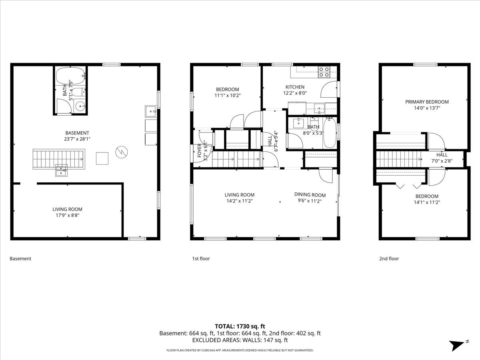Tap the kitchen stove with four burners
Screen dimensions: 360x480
324,72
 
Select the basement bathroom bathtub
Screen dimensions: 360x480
70,75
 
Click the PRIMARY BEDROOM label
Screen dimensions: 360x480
427,102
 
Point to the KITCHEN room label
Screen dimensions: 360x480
295,87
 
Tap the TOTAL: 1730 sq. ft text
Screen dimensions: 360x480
240,326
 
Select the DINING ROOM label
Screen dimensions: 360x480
310,195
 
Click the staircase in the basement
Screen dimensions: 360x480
58,159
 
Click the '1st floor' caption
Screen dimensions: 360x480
201,259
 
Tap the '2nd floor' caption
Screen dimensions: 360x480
389,259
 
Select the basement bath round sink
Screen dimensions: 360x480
80,106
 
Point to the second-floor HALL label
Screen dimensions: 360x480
442,155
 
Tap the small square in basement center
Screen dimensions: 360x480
102,158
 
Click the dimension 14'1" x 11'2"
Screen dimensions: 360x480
427,202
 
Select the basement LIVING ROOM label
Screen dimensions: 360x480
67,209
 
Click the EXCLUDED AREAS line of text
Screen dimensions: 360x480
240,340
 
